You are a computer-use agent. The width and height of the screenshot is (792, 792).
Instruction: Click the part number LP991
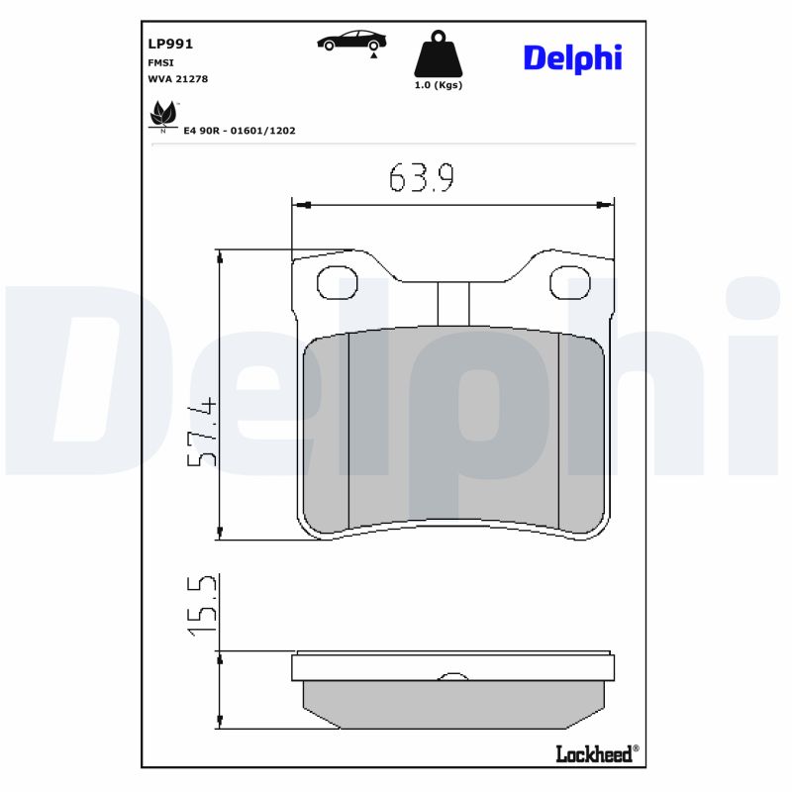[169, 44]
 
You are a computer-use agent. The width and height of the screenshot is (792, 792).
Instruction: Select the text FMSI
[160, 61]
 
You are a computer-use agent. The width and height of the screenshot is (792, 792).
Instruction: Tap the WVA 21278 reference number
[177, 78]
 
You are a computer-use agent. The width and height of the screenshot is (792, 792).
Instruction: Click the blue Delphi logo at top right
[572, 57]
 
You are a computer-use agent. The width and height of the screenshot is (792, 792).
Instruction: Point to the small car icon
[351, 41]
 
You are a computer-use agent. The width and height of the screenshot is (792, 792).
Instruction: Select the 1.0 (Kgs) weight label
[438, 85]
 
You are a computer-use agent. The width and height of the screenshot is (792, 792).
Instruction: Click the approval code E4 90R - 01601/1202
[240, 130]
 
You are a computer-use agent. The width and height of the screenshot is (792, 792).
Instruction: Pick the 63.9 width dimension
[421, 177]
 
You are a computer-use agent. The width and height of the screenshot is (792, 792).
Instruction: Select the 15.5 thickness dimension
[202, 606]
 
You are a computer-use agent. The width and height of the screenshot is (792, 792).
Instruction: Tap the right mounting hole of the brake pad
[569, 283]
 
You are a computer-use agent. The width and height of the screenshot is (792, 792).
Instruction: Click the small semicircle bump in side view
[452, 676]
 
